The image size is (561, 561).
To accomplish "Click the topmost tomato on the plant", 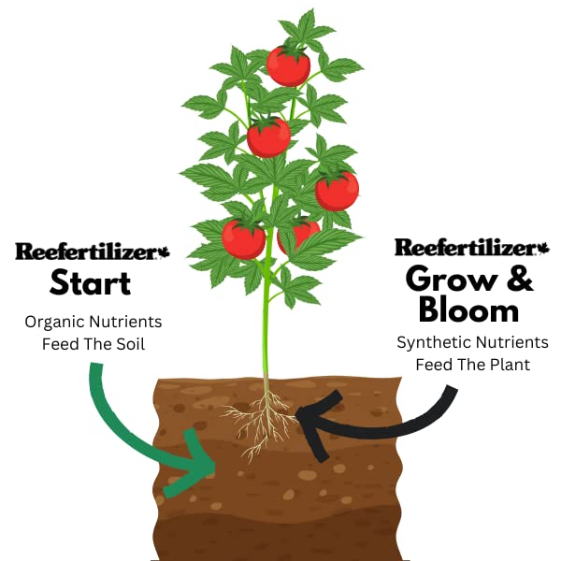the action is [288, 65].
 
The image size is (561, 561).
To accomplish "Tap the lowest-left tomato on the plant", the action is [244, 239].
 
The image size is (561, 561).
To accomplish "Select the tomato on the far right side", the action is [337, 190].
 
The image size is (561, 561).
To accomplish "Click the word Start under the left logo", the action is [90, 283].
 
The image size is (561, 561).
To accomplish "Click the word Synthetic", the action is [431, 343].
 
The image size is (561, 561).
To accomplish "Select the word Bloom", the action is [468, 310].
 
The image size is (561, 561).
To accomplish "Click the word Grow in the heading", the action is [449, 280].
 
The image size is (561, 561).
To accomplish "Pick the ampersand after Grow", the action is [520, 279].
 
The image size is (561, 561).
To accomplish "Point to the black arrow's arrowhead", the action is [318, 424].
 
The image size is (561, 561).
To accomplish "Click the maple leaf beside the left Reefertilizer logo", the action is [165, 252].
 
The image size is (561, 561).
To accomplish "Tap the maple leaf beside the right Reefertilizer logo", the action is [543, 248].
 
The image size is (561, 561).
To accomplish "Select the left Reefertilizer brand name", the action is [87, 252].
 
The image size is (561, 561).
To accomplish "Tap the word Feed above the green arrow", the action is [58, 344].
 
